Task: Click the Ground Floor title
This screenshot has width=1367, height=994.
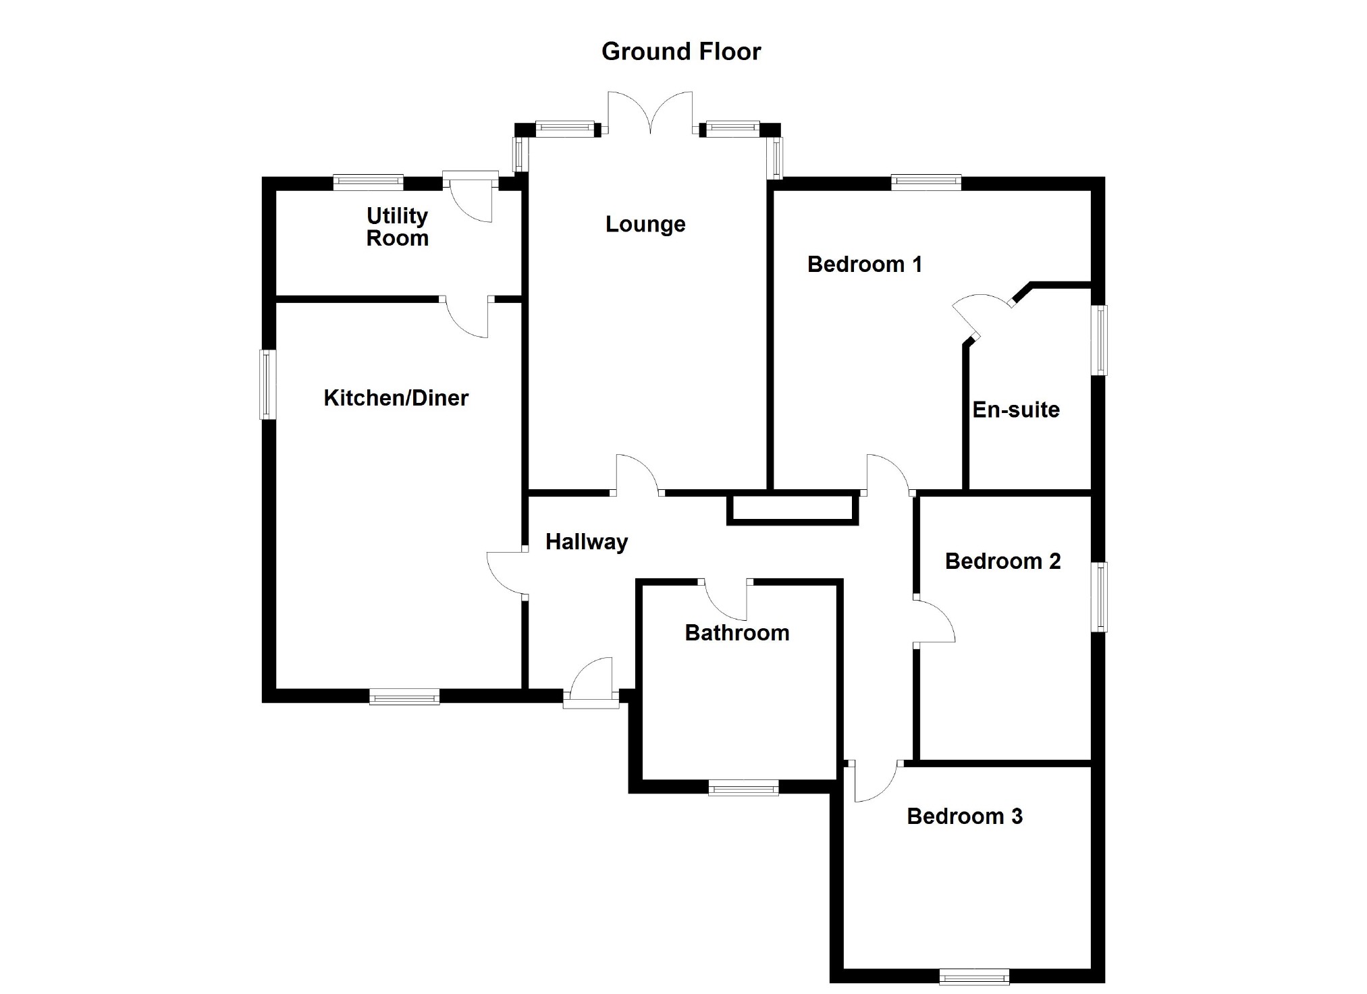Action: coord(681,52)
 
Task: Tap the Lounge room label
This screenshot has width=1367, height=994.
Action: coord(645,224)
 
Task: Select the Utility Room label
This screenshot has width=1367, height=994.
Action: coord(398,227)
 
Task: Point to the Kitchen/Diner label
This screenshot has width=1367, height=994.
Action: coord(396,398)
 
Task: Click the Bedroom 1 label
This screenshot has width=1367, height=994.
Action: coord(865,264)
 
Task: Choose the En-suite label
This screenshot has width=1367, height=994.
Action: coord(1016,410)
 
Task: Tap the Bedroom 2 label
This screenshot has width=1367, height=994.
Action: coord(1003,561)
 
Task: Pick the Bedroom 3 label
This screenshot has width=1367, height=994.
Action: coord(965,816)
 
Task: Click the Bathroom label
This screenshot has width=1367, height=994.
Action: coord(737,633)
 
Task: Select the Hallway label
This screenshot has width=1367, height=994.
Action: coord(587,542)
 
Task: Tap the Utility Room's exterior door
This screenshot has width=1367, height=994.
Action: coord(471,197)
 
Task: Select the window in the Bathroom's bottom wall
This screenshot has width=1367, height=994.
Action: coord(743,788)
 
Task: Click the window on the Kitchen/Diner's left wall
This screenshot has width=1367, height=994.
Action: coord(268,385)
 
